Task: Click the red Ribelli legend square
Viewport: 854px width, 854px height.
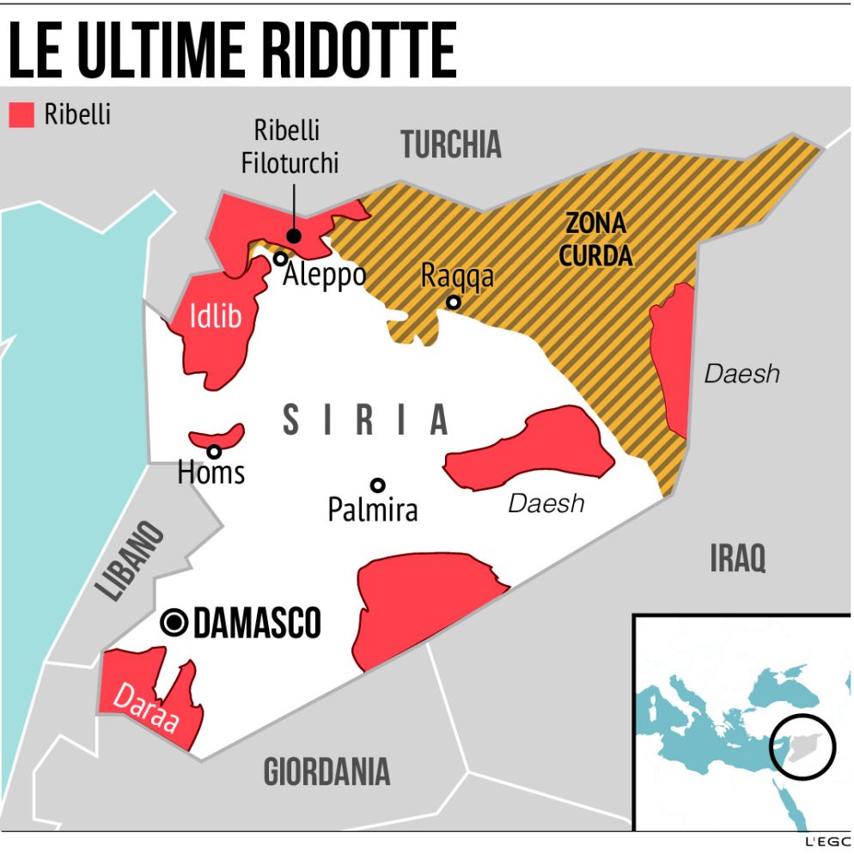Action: point(21,115)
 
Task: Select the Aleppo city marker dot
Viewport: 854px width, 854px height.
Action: point(280,258)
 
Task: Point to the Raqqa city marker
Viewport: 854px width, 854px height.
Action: point(453,302)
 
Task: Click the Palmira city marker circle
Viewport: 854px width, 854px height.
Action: point(377,485)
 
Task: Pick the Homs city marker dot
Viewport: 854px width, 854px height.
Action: point(214,451)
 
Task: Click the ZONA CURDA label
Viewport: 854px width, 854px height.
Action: point(599,240)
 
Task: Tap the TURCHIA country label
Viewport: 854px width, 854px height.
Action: point(451,145)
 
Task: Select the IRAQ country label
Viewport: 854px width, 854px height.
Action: point(737,559)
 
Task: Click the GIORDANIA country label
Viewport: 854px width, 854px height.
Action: point(326,772)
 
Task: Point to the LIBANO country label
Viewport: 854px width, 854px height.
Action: point(130,561)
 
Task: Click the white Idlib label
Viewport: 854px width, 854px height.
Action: point(215,318)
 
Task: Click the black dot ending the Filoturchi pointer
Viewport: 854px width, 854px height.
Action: point(294,236)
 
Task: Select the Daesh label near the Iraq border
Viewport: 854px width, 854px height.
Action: point(741,374)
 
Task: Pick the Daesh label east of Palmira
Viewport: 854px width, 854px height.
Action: point(546,503)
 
